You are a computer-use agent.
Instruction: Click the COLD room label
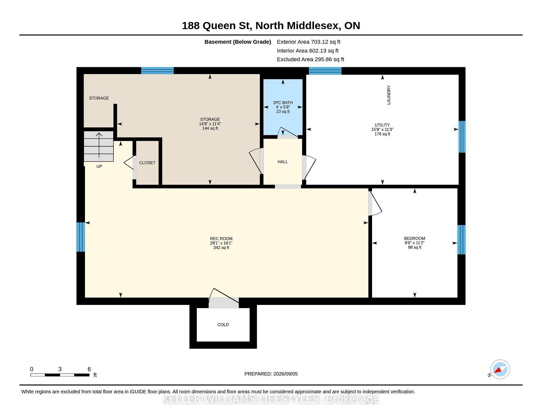223,325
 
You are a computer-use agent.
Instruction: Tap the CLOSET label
147,163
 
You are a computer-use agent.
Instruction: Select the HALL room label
283,162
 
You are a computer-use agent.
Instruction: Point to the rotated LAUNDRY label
389,95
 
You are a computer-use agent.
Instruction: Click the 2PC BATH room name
283,102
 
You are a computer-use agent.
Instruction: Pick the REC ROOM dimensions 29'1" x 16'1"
221,243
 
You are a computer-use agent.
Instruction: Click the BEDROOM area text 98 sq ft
415,247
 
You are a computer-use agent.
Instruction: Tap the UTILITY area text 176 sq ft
383,134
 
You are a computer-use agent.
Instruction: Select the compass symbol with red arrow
500,369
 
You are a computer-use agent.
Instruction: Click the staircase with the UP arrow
99,146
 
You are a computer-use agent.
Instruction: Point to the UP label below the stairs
99,166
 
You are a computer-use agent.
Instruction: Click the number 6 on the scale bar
89,369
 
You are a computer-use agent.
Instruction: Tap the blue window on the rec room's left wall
81,237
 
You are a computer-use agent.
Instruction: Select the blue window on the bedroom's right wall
461,240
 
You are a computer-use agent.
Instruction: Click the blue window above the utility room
325,71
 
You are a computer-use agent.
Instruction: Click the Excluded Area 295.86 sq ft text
311,59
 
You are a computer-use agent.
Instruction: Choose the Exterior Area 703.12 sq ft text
309,42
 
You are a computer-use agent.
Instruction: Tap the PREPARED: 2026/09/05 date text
271,374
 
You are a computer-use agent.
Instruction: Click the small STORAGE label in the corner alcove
99,98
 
